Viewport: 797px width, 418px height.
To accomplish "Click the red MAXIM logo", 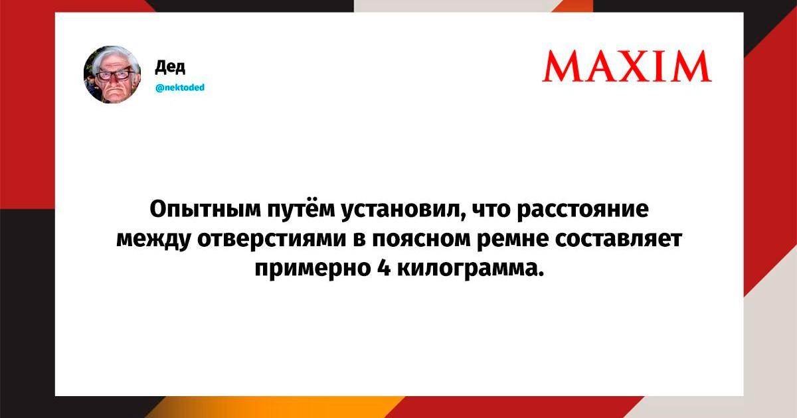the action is (x=627, y=66).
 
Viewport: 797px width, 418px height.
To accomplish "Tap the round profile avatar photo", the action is (x=112, y=74).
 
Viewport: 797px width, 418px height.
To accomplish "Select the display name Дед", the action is (x=170, y=66).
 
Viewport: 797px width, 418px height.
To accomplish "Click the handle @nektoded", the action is (x=180, y=88).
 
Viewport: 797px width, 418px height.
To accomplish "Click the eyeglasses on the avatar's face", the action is (x=112, y=76).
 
